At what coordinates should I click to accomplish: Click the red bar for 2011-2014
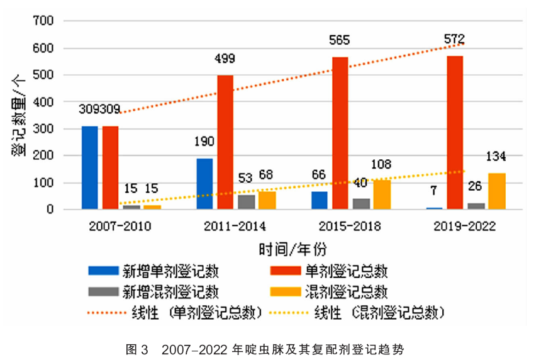click(225, 142)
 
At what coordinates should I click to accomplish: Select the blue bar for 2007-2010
click(90, 167)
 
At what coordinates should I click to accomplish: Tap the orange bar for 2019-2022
click(497, 191)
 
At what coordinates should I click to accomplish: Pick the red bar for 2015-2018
click(340, 132)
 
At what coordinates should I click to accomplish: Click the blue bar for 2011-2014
click(204, 183)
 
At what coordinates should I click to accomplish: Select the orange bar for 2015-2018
click(382, 194)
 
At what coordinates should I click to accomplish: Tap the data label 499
click(225, 59)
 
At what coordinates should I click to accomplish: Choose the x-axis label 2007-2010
click(110, 226)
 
